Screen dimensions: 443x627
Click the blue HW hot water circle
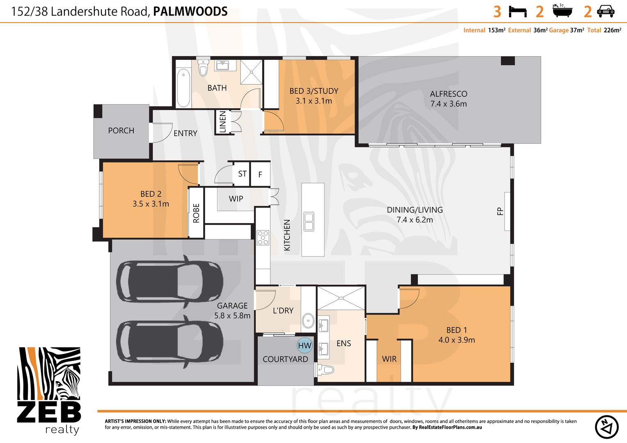point(304,345)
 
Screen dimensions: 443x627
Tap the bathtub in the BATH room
point(183,87)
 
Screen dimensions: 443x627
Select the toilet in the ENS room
point(325,370)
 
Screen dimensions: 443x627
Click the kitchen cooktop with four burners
point(263,237)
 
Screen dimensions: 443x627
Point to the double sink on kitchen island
point(309,221)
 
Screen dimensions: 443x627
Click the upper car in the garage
point(169,281)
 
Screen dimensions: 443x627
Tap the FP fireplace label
point(500,211)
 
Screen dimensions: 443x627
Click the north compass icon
point(606,427)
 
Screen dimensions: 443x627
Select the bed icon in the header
point(517,11)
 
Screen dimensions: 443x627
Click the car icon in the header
point(606,11)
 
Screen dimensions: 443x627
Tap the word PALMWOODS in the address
point(190,11)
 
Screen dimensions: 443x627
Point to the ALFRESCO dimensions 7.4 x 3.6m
point(449,104)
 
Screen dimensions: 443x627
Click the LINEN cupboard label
point(222,122)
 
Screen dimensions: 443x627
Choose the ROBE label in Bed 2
point(196,213)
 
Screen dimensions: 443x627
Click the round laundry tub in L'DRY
point(308,320)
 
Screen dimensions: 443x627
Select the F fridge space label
point(260,175)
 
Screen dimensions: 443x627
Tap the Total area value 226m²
point(612,30)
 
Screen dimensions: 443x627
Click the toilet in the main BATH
point(203,68)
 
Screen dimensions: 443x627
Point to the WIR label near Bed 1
point(389,359)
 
